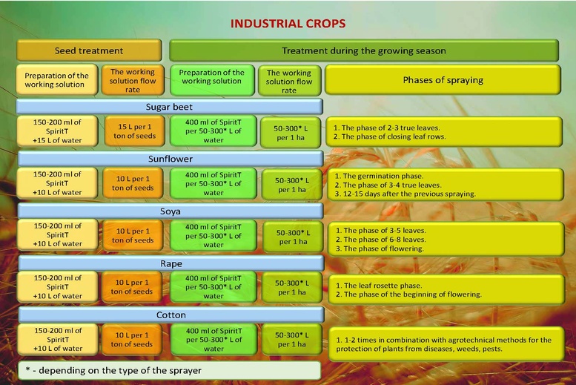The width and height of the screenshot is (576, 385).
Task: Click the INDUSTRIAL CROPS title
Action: point(288,24)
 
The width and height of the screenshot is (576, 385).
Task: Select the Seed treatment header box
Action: point(89,50)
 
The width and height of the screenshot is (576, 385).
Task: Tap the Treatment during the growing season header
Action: point(364,50)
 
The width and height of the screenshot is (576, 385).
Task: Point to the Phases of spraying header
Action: point(443,80)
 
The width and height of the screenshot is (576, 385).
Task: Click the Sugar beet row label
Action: point(169,107)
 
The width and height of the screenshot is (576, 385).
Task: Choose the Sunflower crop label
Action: point(171,159)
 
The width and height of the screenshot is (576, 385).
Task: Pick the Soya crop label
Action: point(171,211)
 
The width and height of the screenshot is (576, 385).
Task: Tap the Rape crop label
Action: point(171,263)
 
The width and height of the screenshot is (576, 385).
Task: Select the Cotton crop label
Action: point(171,315)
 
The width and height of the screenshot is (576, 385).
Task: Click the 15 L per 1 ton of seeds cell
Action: point(134,131)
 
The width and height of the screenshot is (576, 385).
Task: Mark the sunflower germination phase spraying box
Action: point(446,185)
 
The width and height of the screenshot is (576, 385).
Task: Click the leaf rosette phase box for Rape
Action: point(446,289)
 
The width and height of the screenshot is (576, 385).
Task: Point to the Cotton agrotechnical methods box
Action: point(446,343)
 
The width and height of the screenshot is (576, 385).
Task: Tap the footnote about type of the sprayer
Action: point(169,370)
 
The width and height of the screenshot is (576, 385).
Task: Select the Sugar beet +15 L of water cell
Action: point(57,131)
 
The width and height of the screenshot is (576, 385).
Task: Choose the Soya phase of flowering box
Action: point(446,239)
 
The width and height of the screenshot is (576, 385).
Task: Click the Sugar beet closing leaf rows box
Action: point(444,132)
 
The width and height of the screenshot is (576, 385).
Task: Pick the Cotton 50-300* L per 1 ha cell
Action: point(292,340)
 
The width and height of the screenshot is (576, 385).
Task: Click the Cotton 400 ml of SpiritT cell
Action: point(213,340)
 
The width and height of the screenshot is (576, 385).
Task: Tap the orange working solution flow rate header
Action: point(133,81)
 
